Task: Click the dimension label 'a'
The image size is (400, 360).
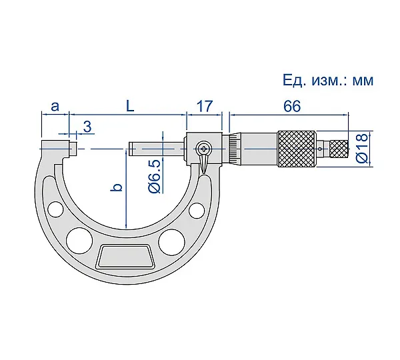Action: point(55,107)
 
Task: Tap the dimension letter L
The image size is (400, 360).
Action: point(130,106)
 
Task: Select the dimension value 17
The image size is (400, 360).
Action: point(205,106)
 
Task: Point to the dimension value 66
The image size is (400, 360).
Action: point(293,106)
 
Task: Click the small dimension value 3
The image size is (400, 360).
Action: point(87,126)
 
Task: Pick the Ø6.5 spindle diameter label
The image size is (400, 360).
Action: point(155,176)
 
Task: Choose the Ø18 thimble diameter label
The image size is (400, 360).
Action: point(363,147)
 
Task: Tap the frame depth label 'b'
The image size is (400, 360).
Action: point(116,187)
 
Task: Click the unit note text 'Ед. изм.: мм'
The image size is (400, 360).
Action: point(328,81)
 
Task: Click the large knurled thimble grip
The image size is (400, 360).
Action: point(297,149)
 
